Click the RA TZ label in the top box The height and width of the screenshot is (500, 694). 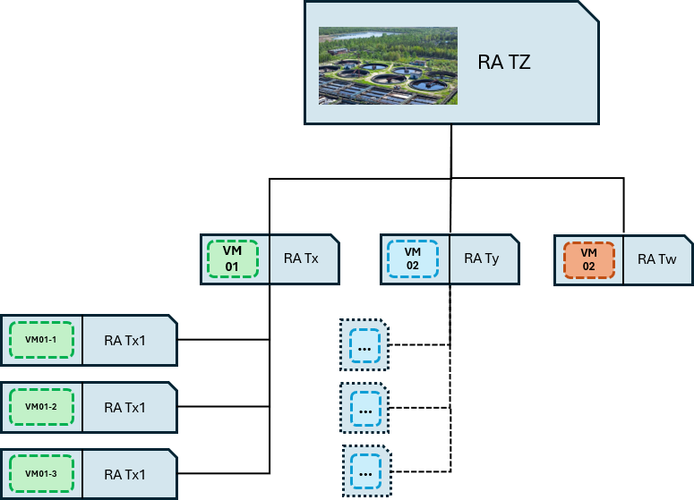503,63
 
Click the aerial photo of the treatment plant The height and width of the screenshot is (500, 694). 388,66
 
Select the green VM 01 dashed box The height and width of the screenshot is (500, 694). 232,259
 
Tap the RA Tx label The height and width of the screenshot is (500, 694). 301,258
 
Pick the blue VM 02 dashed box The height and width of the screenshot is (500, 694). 413,259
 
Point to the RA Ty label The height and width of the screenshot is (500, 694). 482,258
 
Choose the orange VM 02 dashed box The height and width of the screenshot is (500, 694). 588,260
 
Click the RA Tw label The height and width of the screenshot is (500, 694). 656,259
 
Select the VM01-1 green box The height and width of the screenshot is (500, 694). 41,340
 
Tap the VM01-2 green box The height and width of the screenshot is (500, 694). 41,407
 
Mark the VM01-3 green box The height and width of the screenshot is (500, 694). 41,473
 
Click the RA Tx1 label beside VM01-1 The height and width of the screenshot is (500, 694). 124,341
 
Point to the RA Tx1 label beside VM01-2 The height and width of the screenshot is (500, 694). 124,407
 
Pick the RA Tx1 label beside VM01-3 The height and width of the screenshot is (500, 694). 124,474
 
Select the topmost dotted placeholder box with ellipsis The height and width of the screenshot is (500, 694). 364,345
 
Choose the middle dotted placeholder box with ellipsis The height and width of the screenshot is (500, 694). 364,408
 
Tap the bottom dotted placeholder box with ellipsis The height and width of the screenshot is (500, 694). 367,471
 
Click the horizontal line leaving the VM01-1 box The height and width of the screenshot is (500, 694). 224,340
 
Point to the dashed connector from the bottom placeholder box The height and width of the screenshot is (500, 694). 422,471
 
